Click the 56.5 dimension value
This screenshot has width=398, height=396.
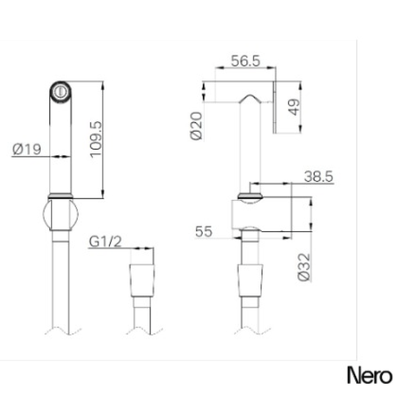(245, 61)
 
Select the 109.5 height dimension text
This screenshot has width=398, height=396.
(96, 139)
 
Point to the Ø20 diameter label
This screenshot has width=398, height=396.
(196, 126)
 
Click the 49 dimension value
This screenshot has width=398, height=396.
(295, 107)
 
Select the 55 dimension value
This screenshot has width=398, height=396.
(203, 231)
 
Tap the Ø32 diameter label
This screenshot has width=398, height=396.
(304, 267)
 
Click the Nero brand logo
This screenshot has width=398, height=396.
(370, 375)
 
